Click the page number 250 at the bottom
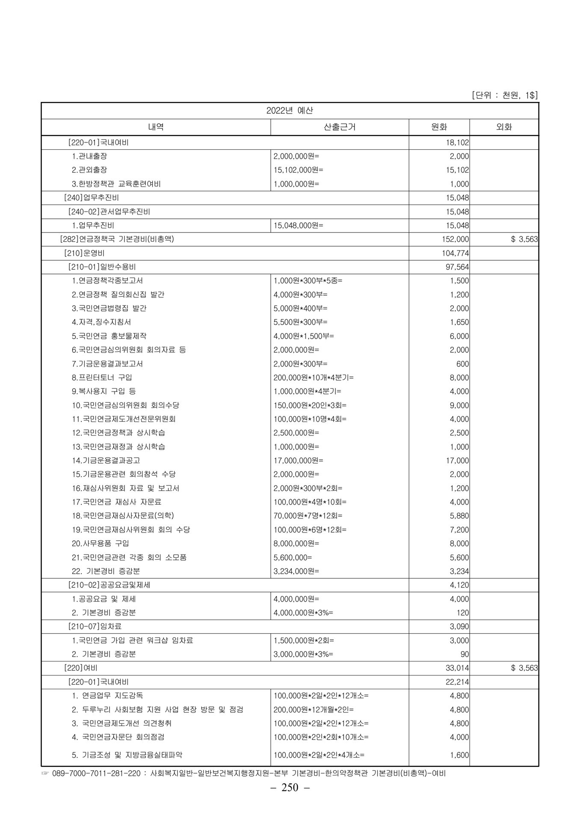[x=290, y=787]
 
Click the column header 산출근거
[x=340, y=127]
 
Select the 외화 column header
[x=504, y=127]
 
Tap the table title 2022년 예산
[x=290, y=110]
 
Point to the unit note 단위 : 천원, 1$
[x=504, y=95]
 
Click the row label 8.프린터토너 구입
[x=102, y=378]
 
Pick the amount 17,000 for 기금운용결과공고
[x=458, y=461]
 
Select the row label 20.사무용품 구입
[x=101, y=543]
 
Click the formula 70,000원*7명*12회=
[x=308, y=516]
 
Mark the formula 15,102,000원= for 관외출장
[x=299, y=170]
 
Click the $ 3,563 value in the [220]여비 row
[x=524, y=668]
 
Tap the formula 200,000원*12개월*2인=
[x=314, y=709]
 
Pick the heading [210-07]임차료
[x=95, y=626]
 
